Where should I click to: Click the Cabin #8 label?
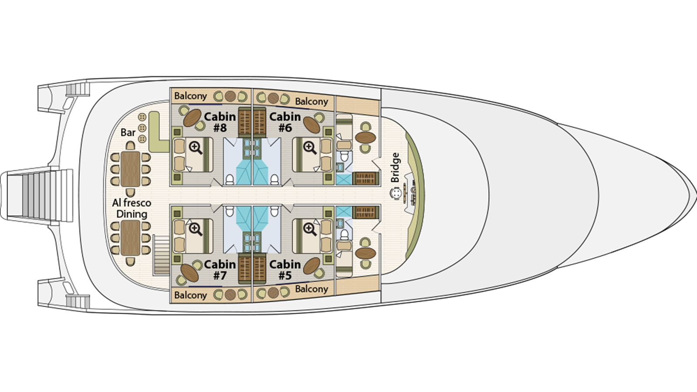pos(220,122)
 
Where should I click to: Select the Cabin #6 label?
pos(285,122)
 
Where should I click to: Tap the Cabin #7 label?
pos(220,270)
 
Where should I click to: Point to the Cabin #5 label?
pos(285,270)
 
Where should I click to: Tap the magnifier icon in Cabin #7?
pos(196,229)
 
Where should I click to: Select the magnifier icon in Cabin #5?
pos(310,229)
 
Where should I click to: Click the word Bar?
pos(128,132)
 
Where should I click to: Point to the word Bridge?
pos(395,168)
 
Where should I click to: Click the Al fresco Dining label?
pos(132,208)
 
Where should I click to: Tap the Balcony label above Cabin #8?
pos(190,96)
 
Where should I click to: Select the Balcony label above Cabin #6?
pos(311,101)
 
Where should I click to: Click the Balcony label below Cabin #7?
pos(190,295)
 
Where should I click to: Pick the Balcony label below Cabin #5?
pos(311,289)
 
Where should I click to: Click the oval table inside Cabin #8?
pos(192,117)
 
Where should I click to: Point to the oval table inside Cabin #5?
pos(311,265)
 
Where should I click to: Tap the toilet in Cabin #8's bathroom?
pos(230,179)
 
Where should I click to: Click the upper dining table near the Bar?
pos(130,169)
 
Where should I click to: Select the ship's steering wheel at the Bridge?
pos(396,194)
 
